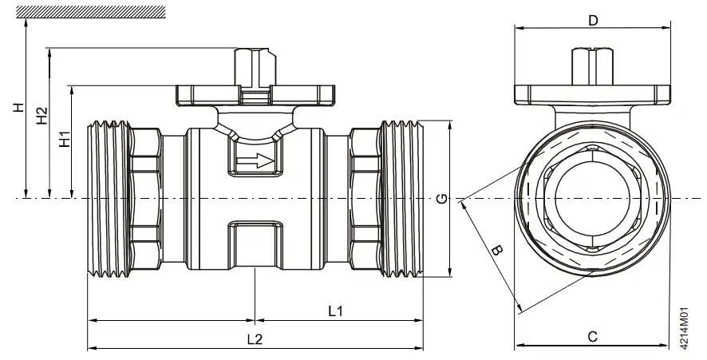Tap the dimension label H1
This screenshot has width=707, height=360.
click(x=64, y=140)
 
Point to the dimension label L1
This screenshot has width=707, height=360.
click(x=335, y=310)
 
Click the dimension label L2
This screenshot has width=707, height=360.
click(x=255, y=338)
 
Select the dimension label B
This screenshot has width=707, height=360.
click(x=496, y=251)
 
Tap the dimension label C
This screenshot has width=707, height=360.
click(x=592, y=336)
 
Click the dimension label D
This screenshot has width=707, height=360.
click(x=592, y=20)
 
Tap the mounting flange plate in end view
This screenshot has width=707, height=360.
click(x=592, y=95)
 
